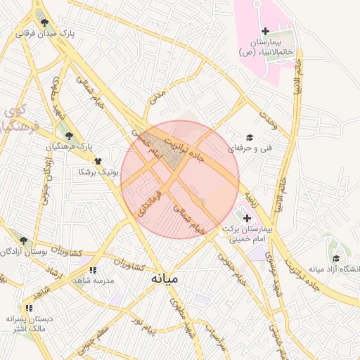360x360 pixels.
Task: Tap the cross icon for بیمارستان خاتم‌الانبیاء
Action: [265, 31]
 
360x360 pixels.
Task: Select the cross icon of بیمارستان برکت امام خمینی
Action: [246, 219]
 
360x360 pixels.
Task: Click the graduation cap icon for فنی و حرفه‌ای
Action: [249, 138]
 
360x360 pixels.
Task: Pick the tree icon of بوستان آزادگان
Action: [23, 240]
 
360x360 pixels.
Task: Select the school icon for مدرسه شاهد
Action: [93, 269]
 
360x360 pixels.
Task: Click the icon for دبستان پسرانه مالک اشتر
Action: [28, 308]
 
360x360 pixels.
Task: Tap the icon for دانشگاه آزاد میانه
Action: [336, 259]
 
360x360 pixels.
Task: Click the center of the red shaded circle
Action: [180, 180]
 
